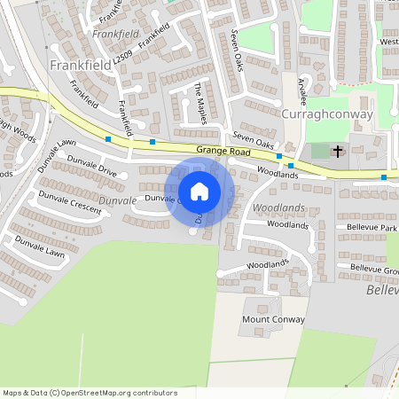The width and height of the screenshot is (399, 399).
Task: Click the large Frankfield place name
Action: coord(78,65)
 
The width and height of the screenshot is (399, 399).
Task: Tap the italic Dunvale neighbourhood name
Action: coord(118,200)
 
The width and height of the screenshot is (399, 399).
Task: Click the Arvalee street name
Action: coord(302,91)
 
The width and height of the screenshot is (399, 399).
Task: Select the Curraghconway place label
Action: coord(326,114)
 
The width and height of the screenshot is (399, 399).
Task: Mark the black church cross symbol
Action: coord(337,152)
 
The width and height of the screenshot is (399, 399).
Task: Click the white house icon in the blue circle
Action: coord(199,192)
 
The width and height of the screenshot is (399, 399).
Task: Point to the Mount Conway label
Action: coord(273,319)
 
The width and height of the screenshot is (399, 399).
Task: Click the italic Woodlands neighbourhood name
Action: coord(278,207)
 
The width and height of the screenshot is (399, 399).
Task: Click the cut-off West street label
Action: coord(388,42)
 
